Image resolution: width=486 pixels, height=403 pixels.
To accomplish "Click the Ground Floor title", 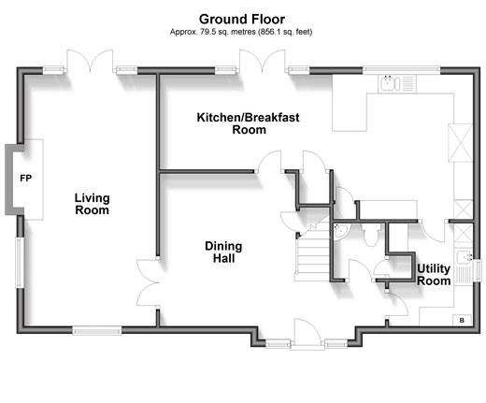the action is pos(242,20).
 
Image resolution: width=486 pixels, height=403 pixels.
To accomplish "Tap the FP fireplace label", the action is pos(25,179).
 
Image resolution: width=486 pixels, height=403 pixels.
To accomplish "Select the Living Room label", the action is pos(92,204).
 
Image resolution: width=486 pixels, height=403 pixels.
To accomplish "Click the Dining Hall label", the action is pos(223,252).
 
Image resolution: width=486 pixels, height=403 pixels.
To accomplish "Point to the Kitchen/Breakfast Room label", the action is pos(249,123).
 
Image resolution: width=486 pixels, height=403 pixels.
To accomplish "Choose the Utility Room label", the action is pos(434,275).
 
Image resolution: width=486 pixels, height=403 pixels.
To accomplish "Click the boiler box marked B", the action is pos(462,320).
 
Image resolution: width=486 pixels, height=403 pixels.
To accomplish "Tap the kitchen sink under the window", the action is pos(397,83).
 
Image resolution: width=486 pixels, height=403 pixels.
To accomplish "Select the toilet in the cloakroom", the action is pos(371,235).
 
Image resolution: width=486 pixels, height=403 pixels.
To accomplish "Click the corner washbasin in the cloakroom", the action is pos(340,231).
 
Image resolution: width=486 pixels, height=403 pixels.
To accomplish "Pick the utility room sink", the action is pos(464,267).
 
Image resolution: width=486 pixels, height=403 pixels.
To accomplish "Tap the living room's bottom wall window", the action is pos(97,330).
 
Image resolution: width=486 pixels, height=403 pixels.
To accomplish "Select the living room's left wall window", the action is pos(21,263).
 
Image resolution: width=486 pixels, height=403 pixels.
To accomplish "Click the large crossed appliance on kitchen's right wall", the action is pos(460,143).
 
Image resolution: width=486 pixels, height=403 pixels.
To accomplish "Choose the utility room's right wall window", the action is pos(477,270).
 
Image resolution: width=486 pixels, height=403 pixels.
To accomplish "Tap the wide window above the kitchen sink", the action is pos(401,70).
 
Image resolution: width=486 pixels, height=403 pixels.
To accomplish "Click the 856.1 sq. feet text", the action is pos(285,32).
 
